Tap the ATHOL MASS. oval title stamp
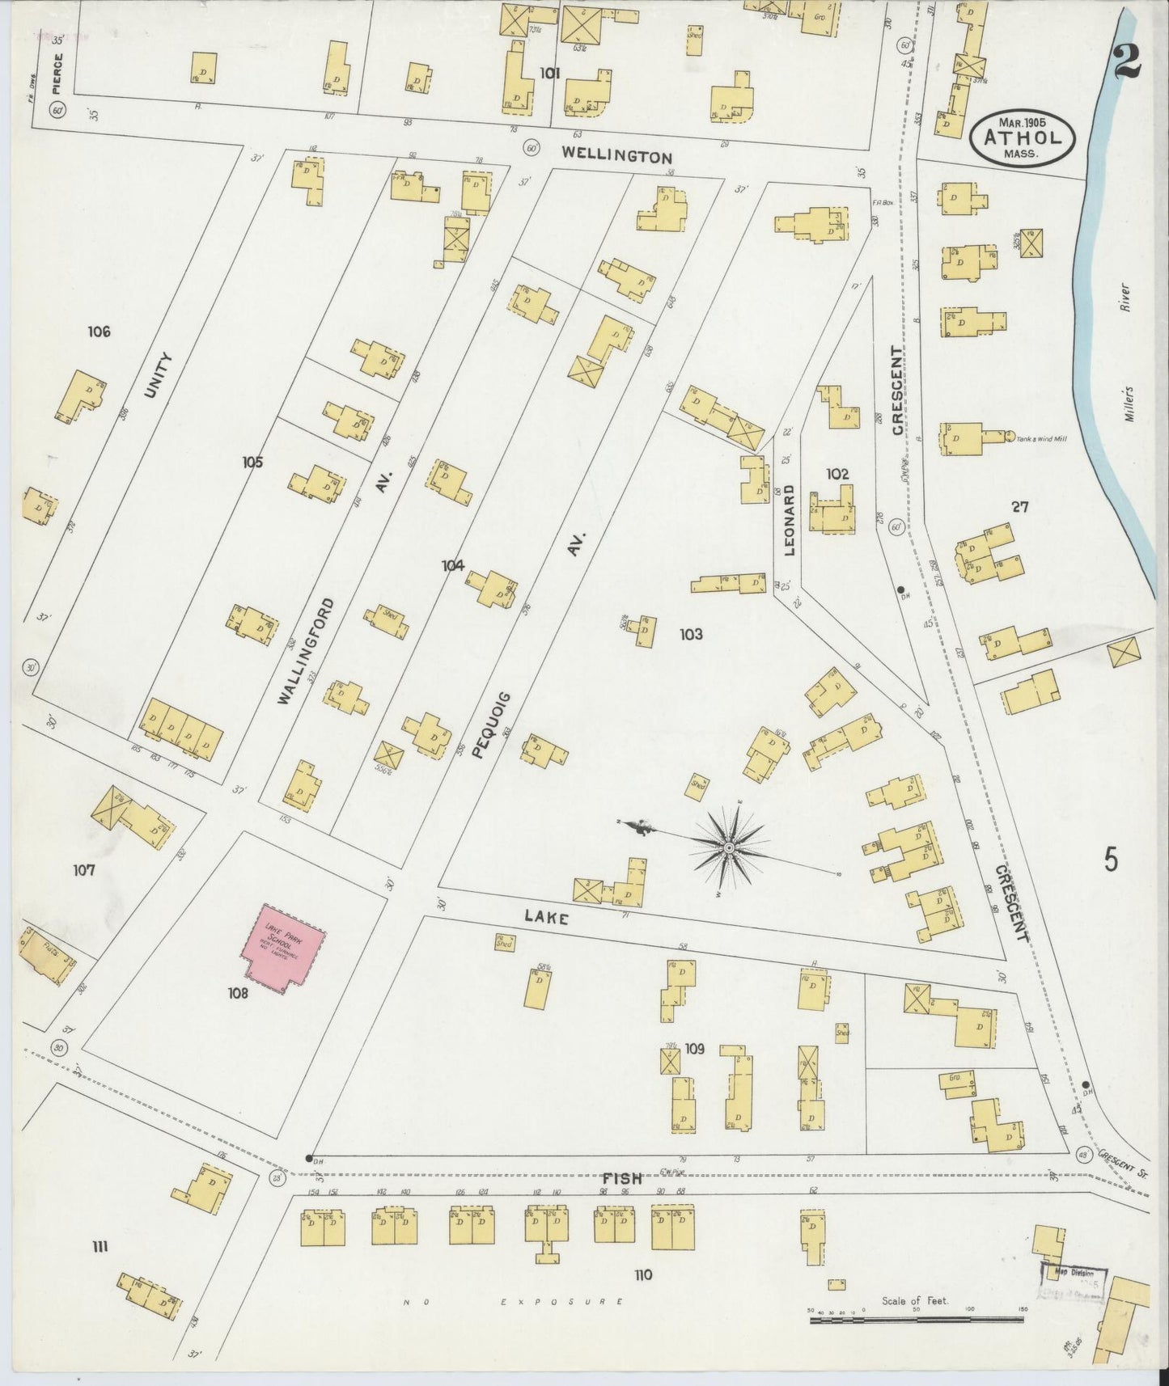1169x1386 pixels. point(1022,139)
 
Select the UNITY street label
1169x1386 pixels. point(158,375)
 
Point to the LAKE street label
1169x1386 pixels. point(546,917)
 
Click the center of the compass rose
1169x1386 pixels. point(729,847)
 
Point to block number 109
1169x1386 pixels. point(694,1049)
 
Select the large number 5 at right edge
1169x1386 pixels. point(1112,860)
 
